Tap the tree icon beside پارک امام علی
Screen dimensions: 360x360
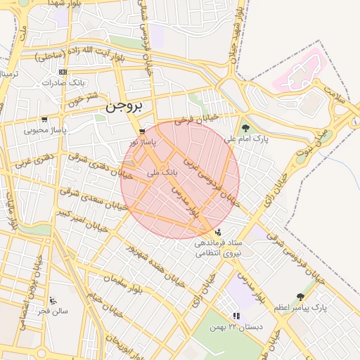pyautogui.click(x=245, y=128)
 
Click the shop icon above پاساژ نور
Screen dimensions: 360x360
pyautogui.click(x=143, y=131)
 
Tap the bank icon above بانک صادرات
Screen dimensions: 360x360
pyautogui.click(x=63, y=72)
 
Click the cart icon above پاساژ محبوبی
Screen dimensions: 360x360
pyautogui.click(x=45, y=120)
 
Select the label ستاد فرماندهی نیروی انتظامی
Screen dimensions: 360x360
pyautogui.click(x=217, y=247)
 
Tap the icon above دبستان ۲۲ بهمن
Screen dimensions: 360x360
pyautogui.click(x=236, y=316)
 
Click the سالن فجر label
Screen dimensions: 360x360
pyautogui.click(x=53, y=310)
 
